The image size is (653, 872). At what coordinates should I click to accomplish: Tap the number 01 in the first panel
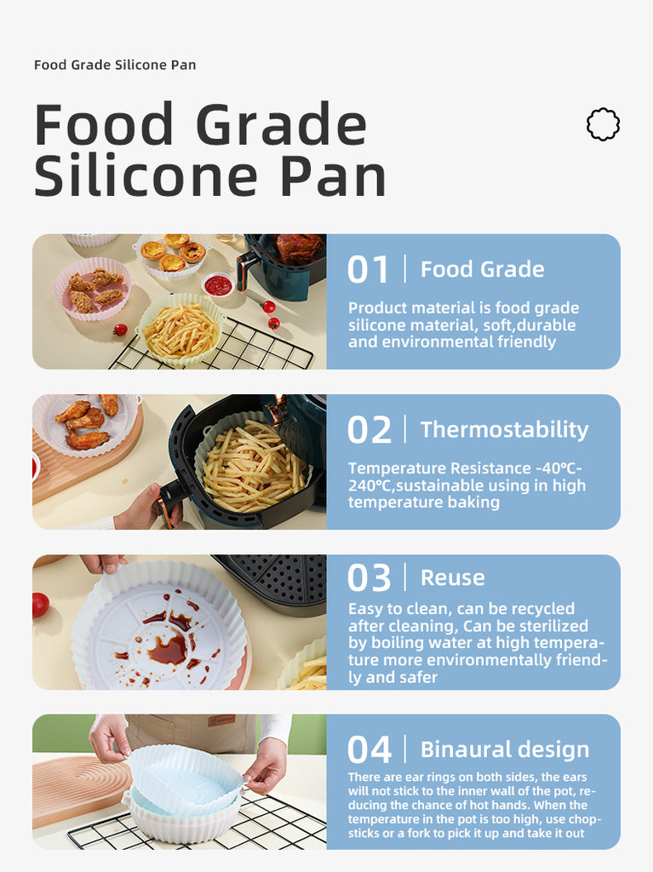(368, 270)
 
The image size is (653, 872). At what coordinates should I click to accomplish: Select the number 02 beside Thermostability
(369, 430)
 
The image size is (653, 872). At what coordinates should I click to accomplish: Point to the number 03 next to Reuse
(369, 578)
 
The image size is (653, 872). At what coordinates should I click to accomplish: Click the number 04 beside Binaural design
(369, 749)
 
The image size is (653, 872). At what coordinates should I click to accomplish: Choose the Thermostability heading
(505, 429)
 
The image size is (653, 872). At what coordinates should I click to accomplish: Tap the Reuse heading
(453, 577)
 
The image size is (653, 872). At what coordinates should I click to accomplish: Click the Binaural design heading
(505, 749)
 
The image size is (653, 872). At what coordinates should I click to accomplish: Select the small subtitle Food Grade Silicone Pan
(115, 65)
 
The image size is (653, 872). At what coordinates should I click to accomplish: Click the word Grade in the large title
(281, 124)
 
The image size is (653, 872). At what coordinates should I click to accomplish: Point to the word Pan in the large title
(333, 175)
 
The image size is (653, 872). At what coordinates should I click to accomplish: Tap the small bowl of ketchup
(218, 284)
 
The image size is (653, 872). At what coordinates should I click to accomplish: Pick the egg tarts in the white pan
(173, 254)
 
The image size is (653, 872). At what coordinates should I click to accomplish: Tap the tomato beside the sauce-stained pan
(40, 605)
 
